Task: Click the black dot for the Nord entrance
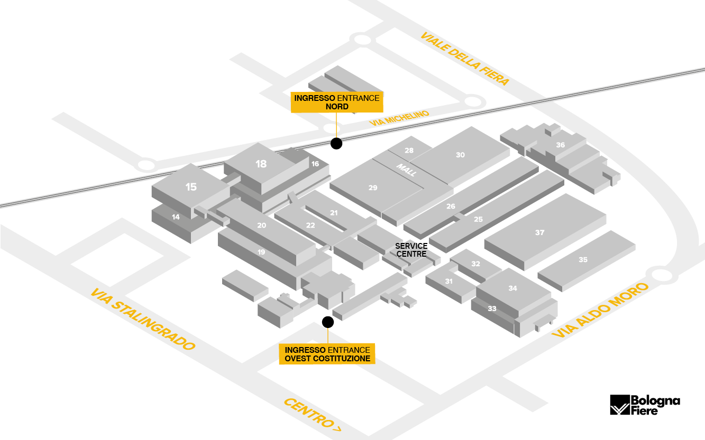pos(335,143)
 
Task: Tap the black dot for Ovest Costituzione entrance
pos(328,321)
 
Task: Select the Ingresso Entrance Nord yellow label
pos(337,102)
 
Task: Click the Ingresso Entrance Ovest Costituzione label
pos(327,354)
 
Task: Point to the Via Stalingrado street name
pos(143,320)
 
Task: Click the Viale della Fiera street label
pos(465,59)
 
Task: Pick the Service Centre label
pos(411,250)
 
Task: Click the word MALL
pos(407,170)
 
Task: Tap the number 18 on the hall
pos(261,164)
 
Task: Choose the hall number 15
pos(191,186)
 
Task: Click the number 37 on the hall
pos(539,232)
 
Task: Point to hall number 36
pos(560,145)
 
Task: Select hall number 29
pos(373,188)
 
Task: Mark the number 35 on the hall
pos(583,260)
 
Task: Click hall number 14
pos(176,217)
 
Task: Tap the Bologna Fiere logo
pos(645,405)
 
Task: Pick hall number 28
pos(409,151)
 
